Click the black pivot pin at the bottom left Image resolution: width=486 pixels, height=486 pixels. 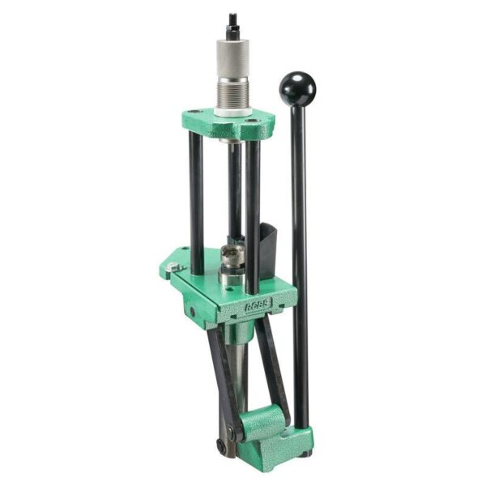click(220, 445)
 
